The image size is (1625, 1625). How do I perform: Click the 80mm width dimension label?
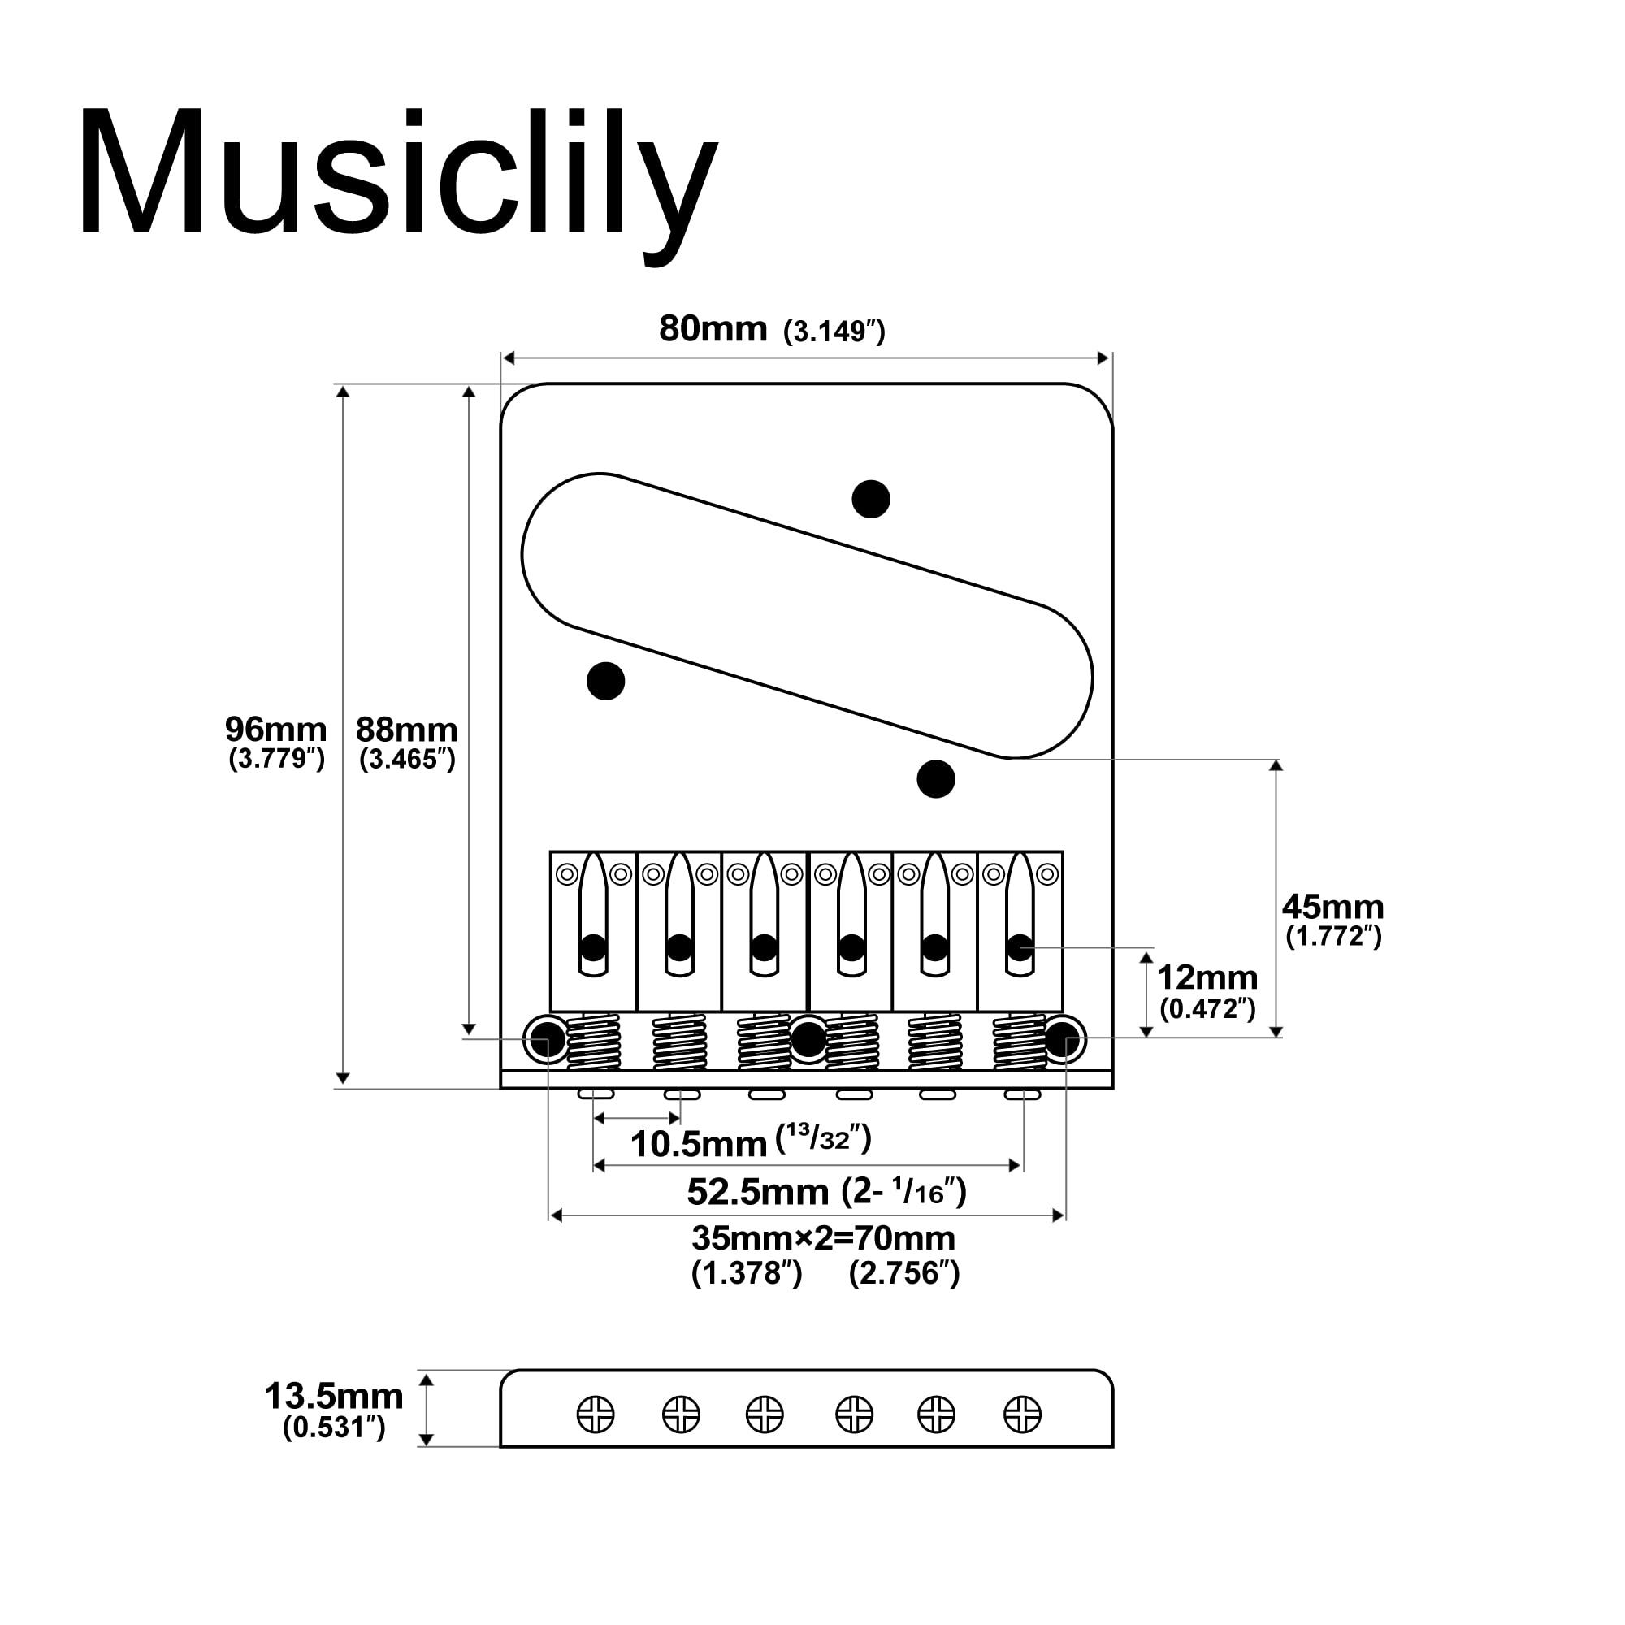click(x=713, y=329)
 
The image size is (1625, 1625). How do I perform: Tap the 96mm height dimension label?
click(x=276, y=730)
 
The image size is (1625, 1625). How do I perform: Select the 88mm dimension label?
click(x=406, y=730)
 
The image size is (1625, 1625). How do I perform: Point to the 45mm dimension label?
click(x=1332, y=907)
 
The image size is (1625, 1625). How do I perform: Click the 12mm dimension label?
click(x=1207, y=977)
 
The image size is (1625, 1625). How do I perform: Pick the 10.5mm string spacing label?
click(x=698, y=1144)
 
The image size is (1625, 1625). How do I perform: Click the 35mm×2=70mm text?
click(x=823, y=1238)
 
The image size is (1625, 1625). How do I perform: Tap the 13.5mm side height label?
click(x=334, y=1396)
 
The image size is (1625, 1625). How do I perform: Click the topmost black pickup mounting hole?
click(x=870, y=500)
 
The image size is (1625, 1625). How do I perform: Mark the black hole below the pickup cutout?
click(x=935, y=779)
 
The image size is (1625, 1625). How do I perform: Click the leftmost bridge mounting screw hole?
click(x=548, y=1040)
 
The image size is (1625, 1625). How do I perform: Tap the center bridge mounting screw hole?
click(x=809, y=1040)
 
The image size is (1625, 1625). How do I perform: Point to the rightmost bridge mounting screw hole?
click(x=1066, y=1040)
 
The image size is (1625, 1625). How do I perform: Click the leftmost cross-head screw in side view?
click(x=596, y=1414)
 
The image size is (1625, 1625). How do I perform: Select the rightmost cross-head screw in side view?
click(x=1023, y=1414)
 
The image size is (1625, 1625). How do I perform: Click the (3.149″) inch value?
click(x=834, y=332)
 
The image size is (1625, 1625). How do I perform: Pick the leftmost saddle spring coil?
click(x=594, y=1042)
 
